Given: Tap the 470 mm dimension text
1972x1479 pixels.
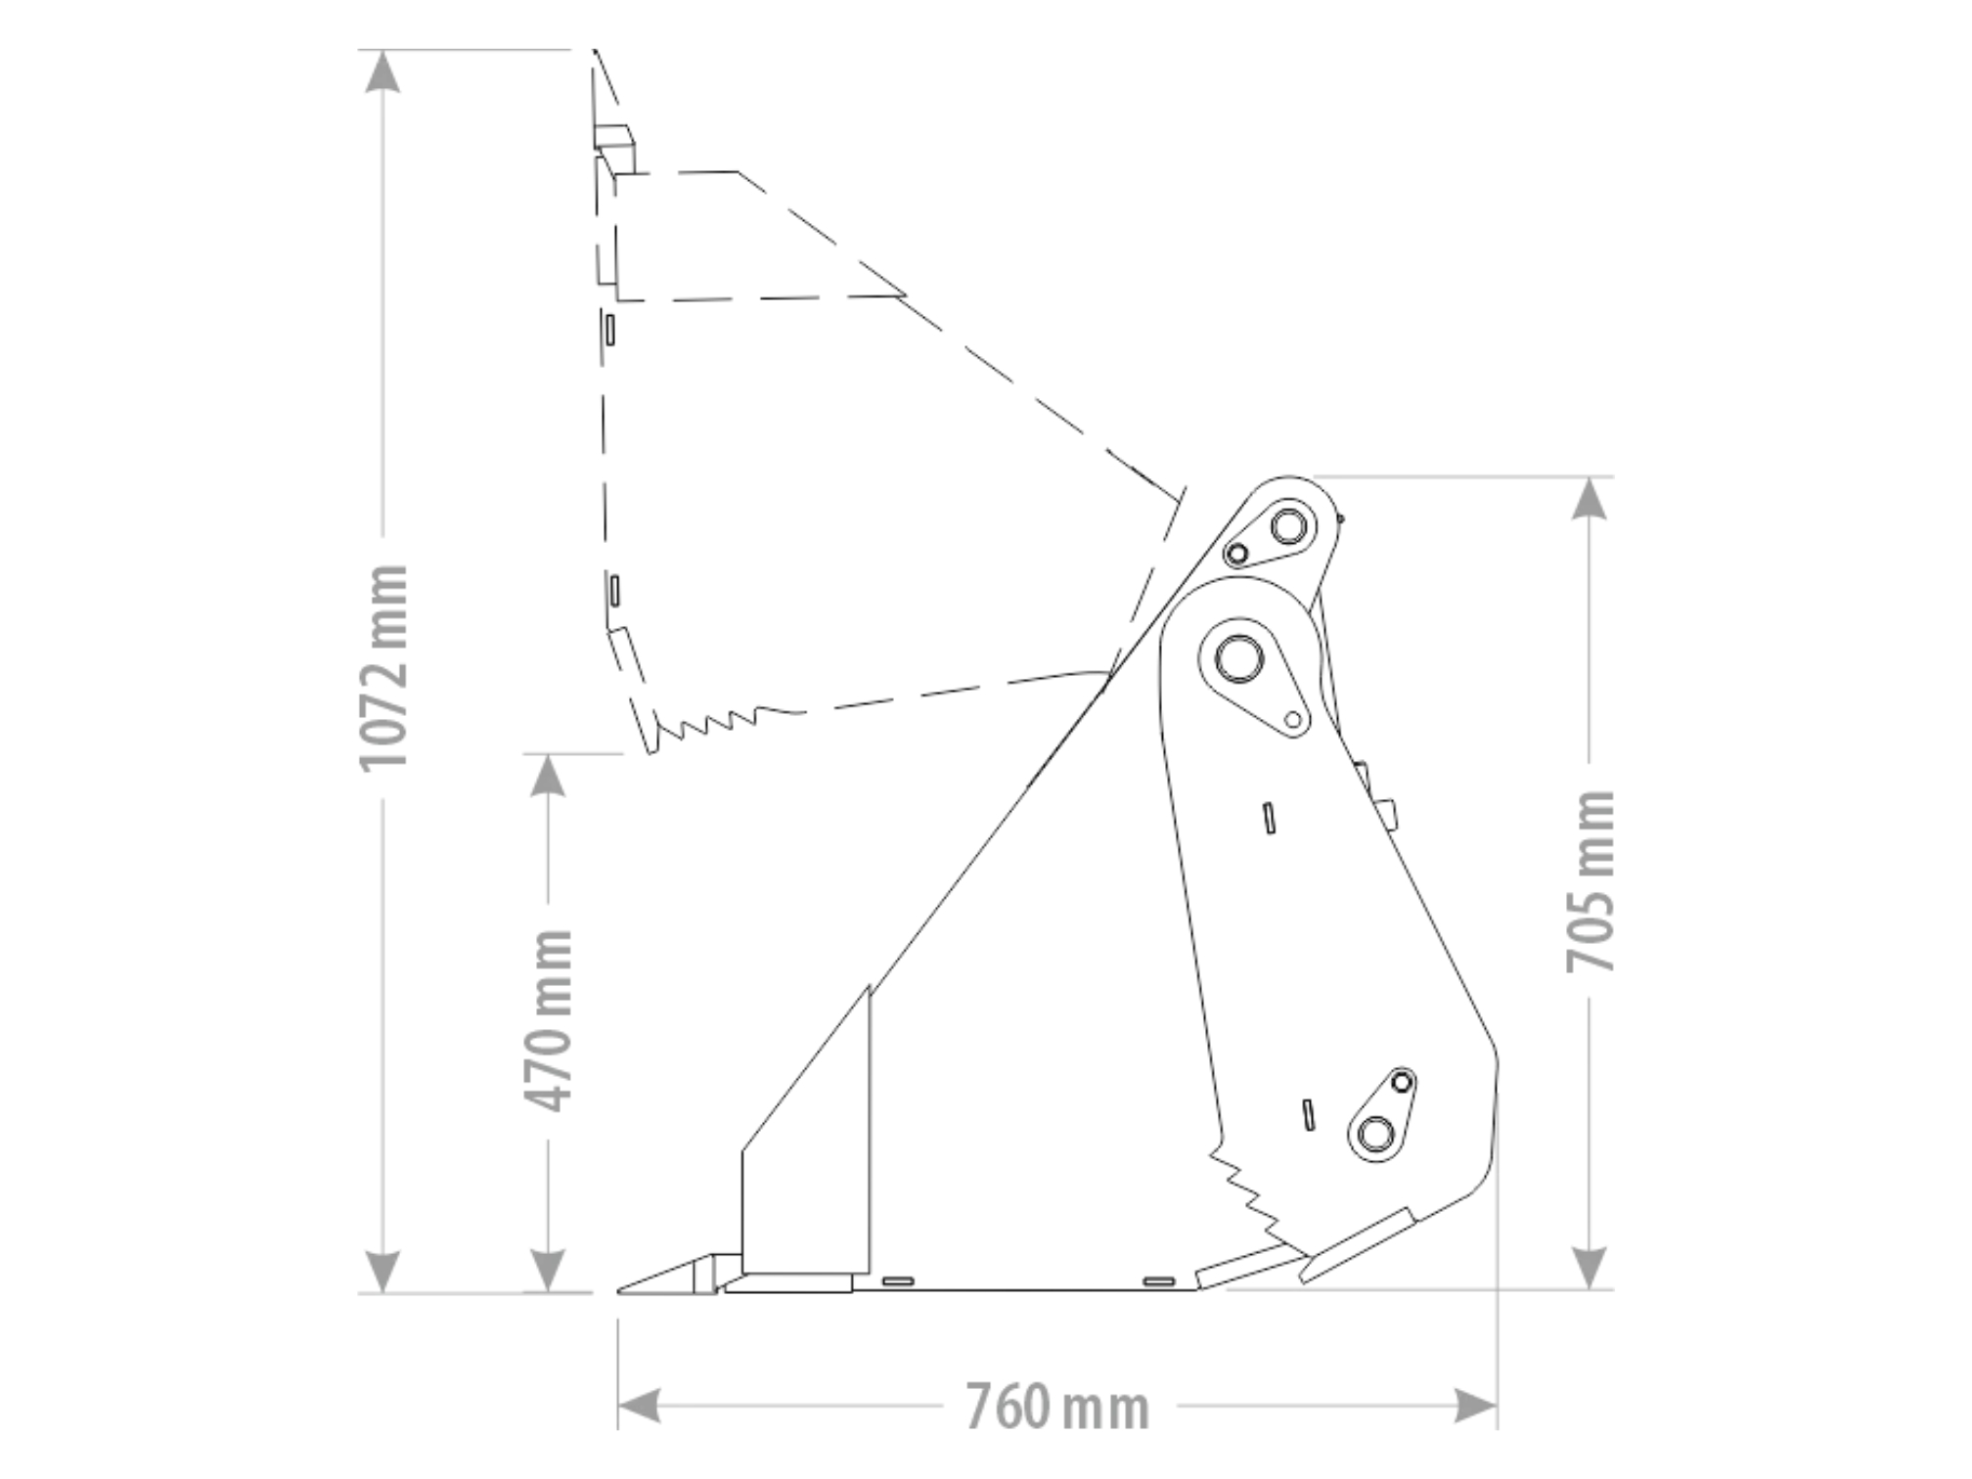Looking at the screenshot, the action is pos(549,1020).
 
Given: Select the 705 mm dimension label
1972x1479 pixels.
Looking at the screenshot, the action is pos(1591,881).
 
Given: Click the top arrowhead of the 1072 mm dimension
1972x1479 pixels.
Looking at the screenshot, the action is pos(382,71).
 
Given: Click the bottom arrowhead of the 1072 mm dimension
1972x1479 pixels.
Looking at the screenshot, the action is pos(382,1271).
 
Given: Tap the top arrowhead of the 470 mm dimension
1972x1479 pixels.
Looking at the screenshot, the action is pos(549,775).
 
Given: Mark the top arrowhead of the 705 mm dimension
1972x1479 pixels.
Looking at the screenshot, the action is pos(1591,499).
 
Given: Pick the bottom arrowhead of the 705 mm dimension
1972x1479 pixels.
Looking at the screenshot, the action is pos(1591,1268).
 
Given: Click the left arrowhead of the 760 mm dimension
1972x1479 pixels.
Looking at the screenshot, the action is pos(640,1406).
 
